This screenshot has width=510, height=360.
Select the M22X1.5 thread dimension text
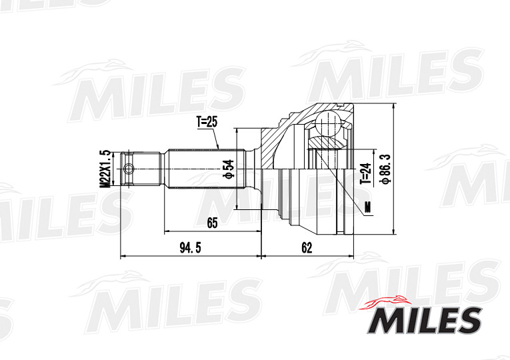pyautogui.click(x=105, y=167)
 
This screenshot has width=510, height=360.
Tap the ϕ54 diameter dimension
pyautogui.click(x=228, y=168)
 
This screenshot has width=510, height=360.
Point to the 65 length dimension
pyautogui.click(x=212, y=223)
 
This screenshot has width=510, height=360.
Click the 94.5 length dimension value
pyautogui.click(x=190, y=248)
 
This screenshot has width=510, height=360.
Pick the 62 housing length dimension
pyautogui.click(x=306, y=248)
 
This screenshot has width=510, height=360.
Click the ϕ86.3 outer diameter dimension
pyautogui.click(x=384, y=169)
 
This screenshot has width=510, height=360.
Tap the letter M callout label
pyautogui.click(x=367, y=206)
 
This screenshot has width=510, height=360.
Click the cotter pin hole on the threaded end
pyautogui.click(x=129, y=168)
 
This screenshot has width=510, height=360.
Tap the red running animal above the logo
pyautogui.click(x=390, y=301)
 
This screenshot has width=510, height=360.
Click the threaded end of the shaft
pyautogui.click(x=140, y=168)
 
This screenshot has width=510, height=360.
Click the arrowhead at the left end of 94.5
pyautogui.click(x=122, y=256)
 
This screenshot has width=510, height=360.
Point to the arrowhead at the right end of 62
pyautogui.click(x=351, y=256)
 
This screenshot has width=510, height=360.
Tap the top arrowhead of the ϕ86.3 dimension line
pyautogui.click(x=395, y=107)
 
